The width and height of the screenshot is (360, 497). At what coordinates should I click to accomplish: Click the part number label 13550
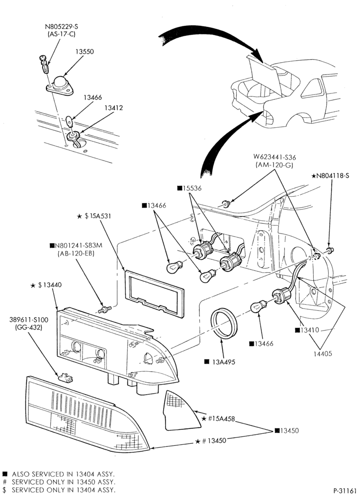pos(85,52)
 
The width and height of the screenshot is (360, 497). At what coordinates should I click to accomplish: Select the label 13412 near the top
pos(113,108)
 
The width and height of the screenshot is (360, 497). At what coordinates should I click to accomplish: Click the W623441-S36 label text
pos(274,157)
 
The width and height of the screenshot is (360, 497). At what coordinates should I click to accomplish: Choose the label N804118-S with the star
pos(330,175)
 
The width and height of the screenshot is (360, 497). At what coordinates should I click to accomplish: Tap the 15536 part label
pos(189,188)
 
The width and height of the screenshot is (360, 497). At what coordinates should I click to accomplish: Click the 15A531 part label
pos(94,216)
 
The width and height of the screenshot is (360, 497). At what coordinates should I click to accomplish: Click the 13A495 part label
pos(220,362)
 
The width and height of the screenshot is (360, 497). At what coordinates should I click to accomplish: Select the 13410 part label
pos(307,331)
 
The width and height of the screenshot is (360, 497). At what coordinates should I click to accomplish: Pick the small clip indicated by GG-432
pos(65,377)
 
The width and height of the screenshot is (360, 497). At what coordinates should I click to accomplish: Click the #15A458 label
pos(218,418)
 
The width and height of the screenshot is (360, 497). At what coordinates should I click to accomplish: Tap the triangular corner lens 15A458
pos(178,411)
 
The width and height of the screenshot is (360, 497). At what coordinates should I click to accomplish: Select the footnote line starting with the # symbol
pos(59,482)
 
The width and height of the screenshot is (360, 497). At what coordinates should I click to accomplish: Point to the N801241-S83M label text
pos(76,246)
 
